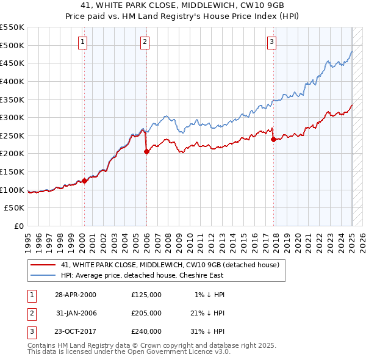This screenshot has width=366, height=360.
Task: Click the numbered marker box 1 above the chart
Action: click(82, 42)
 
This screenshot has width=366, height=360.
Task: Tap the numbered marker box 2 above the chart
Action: click(145, 42)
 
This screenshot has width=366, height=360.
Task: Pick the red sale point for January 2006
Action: click(146, 152)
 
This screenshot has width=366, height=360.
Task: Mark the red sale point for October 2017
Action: click(273, 139)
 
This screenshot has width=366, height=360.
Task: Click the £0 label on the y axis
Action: click(19, 226)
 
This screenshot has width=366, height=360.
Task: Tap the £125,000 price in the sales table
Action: click(146, 295)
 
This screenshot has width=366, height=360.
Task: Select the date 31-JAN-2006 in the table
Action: click(76, 313)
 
